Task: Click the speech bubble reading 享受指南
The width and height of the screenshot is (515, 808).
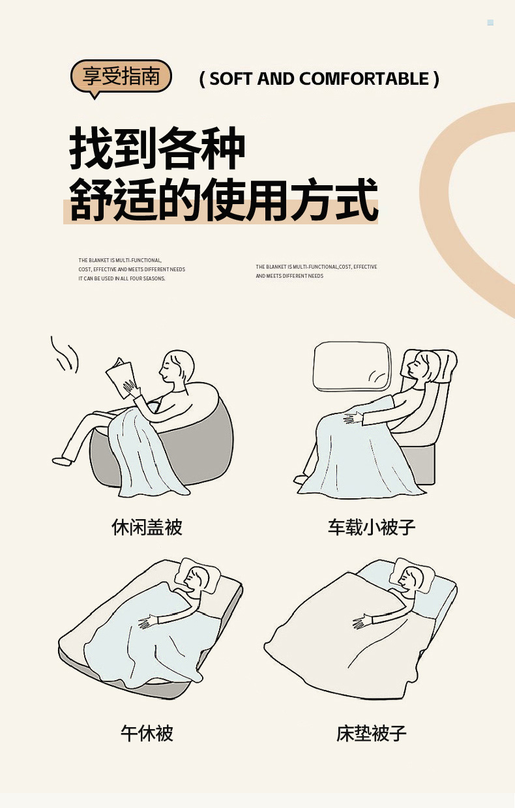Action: point(121,77)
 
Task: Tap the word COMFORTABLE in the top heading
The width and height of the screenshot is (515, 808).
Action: point(364,79)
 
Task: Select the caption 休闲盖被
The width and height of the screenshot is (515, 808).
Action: point(147,527)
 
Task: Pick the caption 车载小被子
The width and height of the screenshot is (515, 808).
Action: point(372,527)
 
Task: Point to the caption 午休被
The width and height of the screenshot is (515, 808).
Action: point(147,733)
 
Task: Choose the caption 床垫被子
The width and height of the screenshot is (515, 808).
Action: point(372,733)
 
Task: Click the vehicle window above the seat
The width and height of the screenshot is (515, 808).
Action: point(352,366)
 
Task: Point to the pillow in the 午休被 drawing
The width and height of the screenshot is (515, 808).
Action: point(197,576)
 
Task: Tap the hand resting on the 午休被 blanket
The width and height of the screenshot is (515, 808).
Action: point(148,622)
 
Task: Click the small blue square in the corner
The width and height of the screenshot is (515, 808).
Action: point(490,22)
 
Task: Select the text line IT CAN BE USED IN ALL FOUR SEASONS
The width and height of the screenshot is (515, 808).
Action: point(122,278)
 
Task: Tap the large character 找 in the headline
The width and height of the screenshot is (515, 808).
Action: point(91,148)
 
